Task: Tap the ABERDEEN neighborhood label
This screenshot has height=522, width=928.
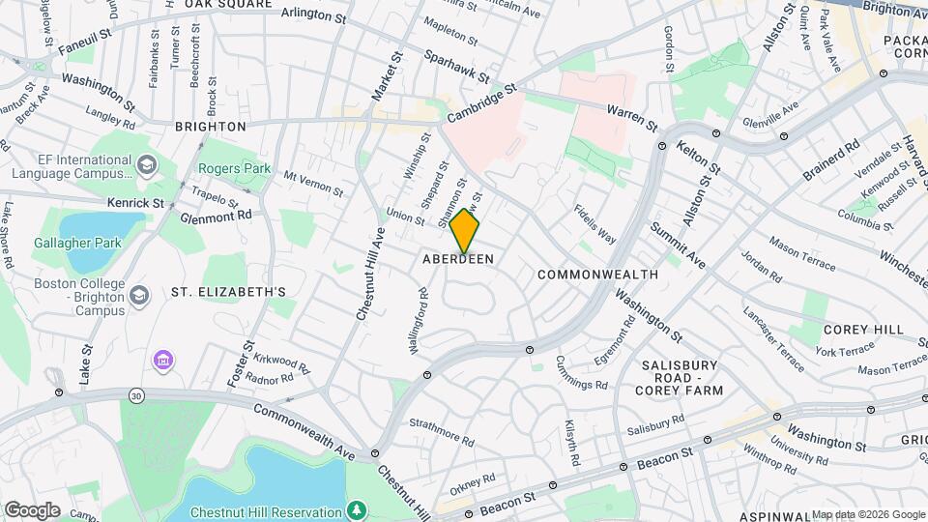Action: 458,259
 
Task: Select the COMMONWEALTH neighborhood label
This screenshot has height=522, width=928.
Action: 597,275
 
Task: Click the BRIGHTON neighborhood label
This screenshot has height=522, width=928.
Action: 211,127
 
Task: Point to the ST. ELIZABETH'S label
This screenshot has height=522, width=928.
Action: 228,291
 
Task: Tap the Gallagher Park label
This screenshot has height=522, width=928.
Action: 74,243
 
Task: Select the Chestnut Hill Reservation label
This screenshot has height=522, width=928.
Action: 267,511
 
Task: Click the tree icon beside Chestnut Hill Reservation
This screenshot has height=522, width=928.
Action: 358,509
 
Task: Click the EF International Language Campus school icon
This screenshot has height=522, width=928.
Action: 146,164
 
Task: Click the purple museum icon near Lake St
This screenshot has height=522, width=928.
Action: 163,362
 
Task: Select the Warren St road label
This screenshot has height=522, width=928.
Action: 632,119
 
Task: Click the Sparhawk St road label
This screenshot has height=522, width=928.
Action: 457,66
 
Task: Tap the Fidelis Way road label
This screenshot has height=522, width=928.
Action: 594,222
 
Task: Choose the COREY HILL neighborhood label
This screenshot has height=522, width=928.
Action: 862,330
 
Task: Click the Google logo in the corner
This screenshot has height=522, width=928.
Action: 32,510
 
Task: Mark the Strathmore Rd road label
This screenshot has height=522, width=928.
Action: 442,432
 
